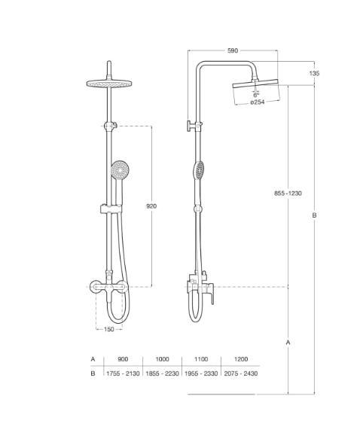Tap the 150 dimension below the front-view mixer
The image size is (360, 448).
108,329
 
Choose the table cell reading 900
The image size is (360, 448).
124,360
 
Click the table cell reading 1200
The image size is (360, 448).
240,360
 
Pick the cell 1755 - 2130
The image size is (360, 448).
124,373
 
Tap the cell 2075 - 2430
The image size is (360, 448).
240,373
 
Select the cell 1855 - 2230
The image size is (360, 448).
162,373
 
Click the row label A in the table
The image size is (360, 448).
93,360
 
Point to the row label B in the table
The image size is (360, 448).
93,373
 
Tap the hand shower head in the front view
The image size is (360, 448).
118,172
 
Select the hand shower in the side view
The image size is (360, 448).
199,169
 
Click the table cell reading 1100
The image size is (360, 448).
201,360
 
